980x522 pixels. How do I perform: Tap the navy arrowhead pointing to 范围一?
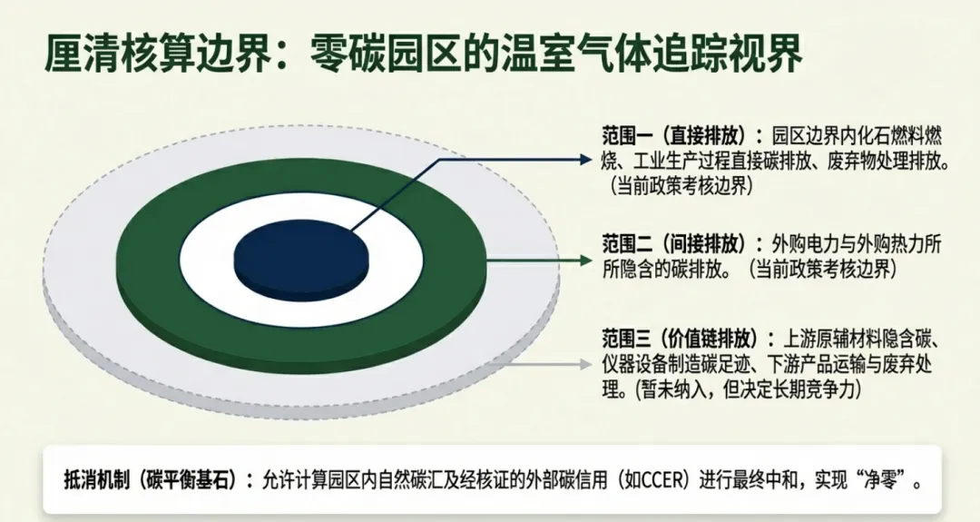pyautogui.click(x=584, y=158)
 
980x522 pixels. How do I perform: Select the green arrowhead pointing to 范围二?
pyautogui.click(x=584, y=260)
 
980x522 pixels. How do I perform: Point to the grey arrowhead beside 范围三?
pyautogui.click(x=584, y=364)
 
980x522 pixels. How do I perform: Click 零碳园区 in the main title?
pyautogui.click(x=387, y=56)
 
